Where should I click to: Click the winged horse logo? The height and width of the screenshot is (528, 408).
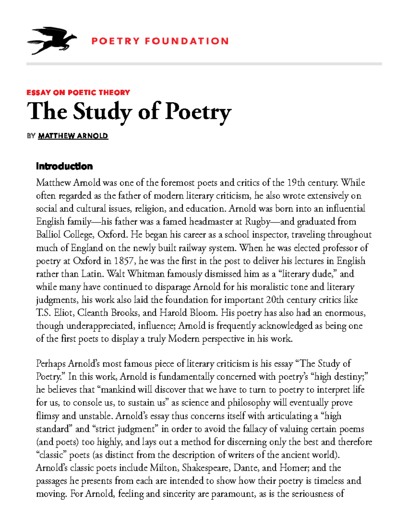point(52,41)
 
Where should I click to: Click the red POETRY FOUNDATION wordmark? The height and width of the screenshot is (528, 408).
point(160,41)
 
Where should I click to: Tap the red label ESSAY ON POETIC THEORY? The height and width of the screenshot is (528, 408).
point(78,92)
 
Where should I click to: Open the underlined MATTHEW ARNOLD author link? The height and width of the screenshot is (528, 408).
point(73,136)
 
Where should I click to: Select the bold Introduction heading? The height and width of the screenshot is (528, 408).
point(64,166)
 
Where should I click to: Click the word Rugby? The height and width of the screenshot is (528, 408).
point(257,222)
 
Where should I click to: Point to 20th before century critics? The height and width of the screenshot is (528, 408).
point(275,300)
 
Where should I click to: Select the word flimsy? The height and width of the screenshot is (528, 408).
point(48,416)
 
